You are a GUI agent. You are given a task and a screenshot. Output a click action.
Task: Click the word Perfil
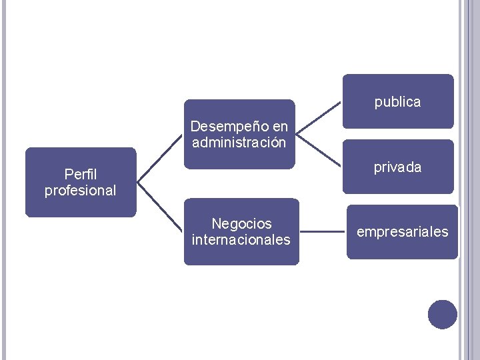[x=81, y=175]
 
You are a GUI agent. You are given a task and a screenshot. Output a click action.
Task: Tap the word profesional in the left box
[x=81, y=191]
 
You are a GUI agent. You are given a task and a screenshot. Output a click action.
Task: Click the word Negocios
[x=241, y=223]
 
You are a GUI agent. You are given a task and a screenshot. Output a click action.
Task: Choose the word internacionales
[x=241, y=239]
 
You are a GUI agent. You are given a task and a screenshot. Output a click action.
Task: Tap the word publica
[x=398, y=102]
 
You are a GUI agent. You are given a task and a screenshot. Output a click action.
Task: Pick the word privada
[x=398, y=167]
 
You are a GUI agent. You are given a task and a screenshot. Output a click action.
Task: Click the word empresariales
[x=403, y=232]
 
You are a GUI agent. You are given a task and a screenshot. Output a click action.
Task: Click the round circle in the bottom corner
[x=443, y=315]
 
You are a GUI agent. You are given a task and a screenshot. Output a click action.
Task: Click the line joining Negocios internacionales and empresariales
[x=323, y=232]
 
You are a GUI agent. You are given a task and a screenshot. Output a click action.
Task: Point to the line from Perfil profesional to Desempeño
[x=160, y=158]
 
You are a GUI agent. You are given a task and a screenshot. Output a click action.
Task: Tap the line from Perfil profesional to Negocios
[x=160, y=207]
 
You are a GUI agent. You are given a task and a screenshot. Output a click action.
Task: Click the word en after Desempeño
[x=281, y=126]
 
